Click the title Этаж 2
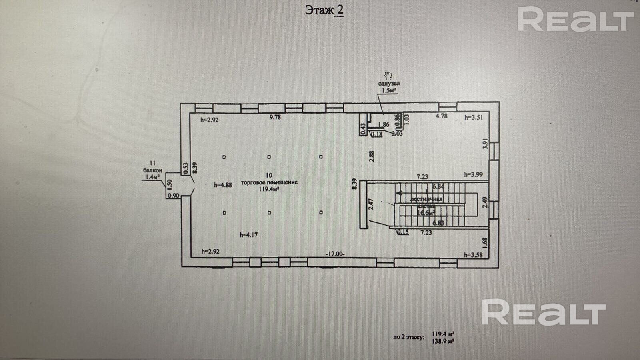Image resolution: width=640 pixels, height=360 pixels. point(324,10)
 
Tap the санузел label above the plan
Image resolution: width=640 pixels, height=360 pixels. point(389,84)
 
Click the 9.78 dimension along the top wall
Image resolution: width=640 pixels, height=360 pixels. point(275,117)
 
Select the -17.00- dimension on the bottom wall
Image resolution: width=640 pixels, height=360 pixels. point(335,254)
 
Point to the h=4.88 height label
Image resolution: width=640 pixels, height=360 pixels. point(223,185)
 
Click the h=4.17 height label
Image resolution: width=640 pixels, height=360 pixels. point(248,235)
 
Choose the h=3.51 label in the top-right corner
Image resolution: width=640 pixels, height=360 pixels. point(474,117)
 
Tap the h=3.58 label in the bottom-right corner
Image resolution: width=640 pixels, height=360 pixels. point(474,254)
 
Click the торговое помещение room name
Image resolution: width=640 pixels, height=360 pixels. point(269,182)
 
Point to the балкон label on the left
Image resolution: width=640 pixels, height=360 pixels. point(152,170)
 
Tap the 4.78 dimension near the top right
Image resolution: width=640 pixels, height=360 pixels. point(441,116)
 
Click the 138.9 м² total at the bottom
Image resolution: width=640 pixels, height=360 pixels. point(443,341)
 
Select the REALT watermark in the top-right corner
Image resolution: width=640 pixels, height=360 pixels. point(576,20)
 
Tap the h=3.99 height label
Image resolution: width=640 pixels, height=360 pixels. point(474,174)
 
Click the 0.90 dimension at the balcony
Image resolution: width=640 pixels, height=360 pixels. point(174,196)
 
